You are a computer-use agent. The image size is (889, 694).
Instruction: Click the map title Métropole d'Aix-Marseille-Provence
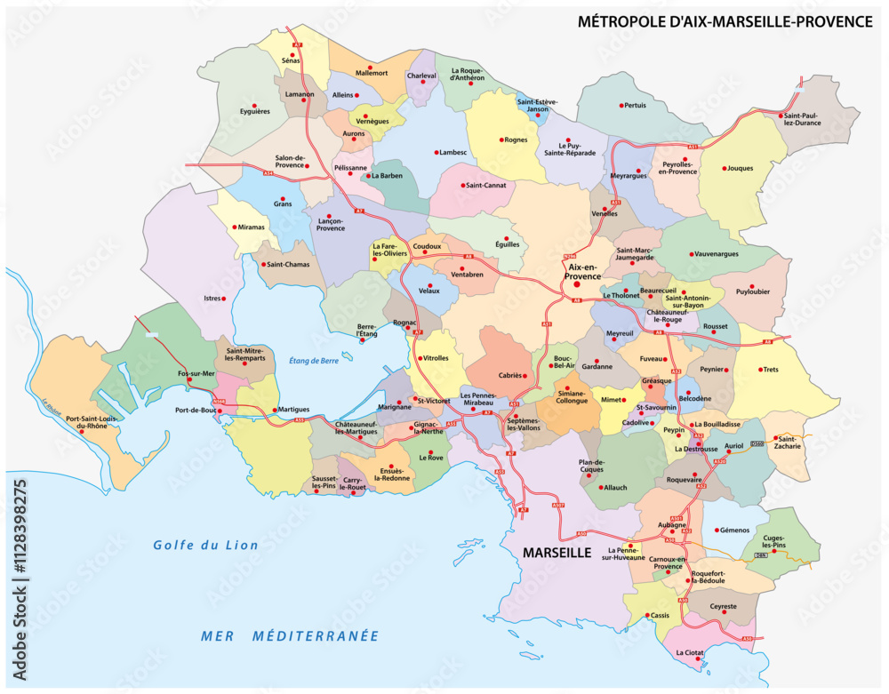point(725,21)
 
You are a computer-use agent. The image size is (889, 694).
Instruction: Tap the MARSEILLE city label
point(557,552)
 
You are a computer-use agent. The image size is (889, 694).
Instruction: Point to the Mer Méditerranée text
point(290,636)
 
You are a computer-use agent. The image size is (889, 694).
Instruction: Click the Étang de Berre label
point(316,360)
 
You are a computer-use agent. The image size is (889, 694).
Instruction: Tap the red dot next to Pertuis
point(622,105)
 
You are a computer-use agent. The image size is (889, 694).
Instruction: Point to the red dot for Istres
point(224,299)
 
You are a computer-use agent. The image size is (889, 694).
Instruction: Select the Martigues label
point(293,409)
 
